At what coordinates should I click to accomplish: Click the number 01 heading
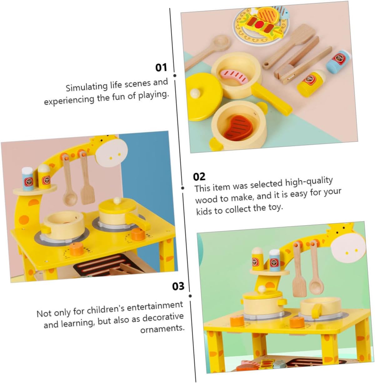(161, 67)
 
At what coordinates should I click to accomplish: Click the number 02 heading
(199, 177)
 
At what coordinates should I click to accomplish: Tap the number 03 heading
(178, 286)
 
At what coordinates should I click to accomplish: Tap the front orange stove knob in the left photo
(77, 249)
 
